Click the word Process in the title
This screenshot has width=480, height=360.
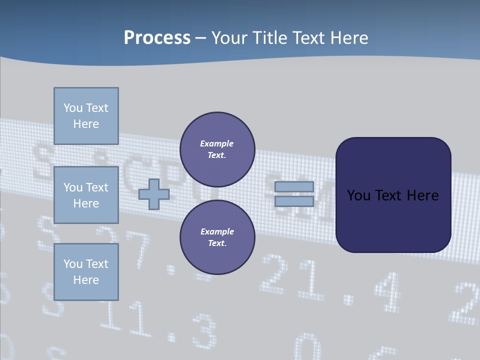(x=157, y=37)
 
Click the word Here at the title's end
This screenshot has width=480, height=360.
(x=348, y=37)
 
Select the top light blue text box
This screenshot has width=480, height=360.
(x=86, y=116)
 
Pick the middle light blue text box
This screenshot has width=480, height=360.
(x=86, y=195)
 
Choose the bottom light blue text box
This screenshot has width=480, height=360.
(x=86, y=272)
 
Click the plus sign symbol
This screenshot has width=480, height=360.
(x=153, y=194)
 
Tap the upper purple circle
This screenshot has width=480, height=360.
(x=217, y=149)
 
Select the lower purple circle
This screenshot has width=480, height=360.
(x=217, y=237)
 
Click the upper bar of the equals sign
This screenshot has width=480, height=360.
(x=294, y=186)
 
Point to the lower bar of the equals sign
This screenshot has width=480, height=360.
(x=294, y=201)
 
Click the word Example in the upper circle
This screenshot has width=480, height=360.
(x=216, y=143)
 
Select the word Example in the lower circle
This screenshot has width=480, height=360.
(x=217, y=231)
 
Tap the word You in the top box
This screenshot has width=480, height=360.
(x=73, y=108)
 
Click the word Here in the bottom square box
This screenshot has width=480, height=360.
(x=86, y=280)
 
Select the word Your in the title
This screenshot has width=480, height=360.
(x=229, y=37)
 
